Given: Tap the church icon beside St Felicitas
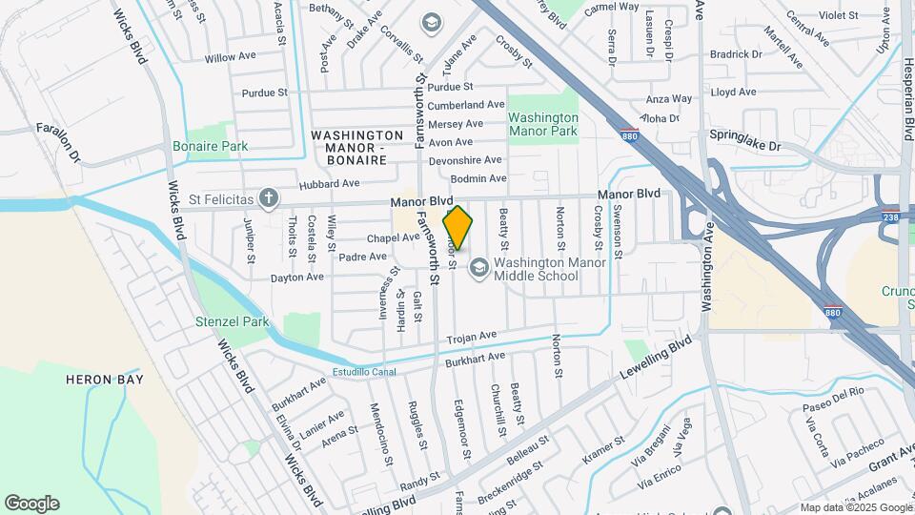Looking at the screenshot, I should click(x=270, y=198).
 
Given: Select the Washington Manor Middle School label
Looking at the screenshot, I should click(x=536, y=269).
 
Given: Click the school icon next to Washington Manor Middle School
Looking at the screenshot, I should click(x=478, y=268).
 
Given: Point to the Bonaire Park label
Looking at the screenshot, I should click(x=211, y=146).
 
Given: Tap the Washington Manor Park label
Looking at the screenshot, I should click(x=542, y=123).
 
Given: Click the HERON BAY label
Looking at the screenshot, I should click(x=104, y=380).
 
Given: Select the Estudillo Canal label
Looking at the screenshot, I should click(x=364, y=371).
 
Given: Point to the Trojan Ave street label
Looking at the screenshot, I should click(x=474, y=337).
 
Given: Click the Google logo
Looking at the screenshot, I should click(x=31, y=504).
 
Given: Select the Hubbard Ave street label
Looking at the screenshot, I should click(x=329, y=183).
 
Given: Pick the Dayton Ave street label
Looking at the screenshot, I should click(x=297, y=278).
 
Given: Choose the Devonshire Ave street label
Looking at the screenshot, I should click(x=465, y=160).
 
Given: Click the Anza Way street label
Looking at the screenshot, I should click(x=669, y=98).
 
